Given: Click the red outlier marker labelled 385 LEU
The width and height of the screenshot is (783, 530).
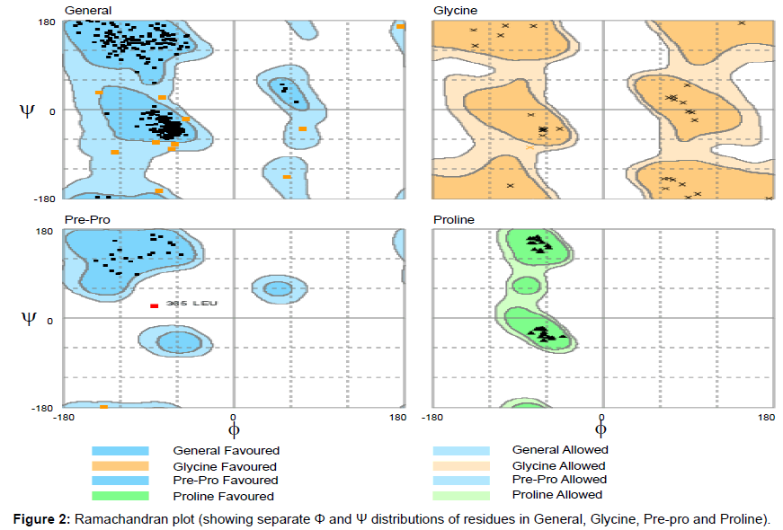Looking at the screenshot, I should click(155, 306).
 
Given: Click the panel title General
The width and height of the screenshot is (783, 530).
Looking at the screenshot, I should click(87, 10).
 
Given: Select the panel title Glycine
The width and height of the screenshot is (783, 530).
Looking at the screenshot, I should click(455, 10).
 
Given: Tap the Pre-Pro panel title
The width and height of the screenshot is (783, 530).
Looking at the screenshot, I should click(86, 220).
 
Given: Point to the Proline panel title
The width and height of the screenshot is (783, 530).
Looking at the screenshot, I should click(454, 220).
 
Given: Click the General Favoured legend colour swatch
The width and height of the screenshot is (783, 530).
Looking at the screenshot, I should click(120, 450).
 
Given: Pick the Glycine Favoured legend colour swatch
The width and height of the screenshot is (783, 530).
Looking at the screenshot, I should click(120, 465).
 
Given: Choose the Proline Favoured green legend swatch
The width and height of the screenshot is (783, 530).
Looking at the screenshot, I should click(120, 496).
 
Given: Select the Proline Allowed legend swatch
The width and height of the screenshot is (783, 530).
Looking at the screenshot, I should click(461, 495).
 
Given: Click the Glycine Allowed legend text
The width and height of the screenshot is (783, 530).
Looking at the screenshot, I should click(558, 465).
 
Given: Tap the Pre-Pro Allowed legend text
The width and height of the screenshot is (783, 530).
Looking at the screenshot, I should click(558, 480).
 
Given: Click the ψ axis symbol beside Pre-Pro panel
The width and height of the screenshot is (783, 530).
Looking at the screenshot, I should click(28, 316).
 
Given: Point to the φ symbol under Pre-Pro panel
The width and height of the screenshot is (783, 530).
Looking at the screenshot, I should click(235, 430).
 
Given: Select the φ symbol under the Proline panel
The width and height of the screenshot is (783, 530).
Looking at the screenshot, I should click(601, 430).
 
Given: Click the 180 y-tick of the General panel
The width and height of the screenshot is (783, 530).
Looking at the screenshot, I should click(46, 22).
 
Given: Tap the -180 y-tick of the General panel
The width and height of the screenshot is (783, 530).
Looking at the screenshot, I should click(44, 198).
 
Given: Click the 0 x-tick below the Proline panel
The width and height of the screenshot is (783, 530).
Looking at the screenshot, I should click(601, 417).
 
